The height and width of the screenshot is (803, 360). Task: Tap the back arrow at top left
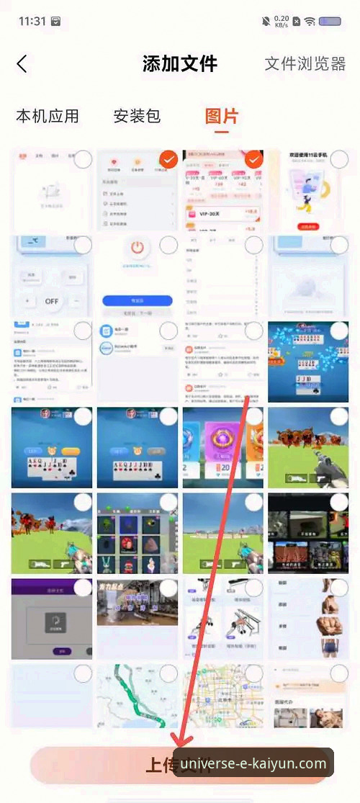[x=22, y=63]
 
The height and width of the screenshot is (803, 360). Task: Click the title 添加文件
[x=180, y=63]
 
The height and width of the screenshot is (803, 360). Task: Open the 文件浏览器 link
[x=305, y=63]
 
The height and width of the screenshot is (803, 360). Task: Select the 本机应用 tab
[x=48, y=116]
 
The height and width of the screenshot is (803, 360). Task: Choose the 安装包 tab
[x=137, y=116]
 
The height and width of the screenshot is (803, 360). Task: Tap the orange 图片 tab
[x=221, y=116]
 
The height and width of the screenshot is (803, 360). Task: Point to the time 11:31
[x=32, y=21]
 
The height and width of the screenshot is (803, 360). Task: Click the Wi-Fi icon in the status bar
[x=310, y=22]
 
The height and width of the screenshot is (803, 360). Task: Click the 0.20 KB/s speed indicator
[x=282, y=22]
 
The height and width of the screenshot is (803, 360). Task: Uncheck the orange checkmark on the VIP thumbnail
[x=253, y=159]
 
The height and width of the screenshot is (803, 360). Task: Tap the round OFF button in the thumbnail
[x=52, y=300]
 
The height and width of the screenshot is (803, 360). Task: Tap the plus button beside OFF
[x=27, y=300]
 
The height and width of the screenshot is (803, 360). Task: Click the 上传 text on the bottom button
[x=162, y=764]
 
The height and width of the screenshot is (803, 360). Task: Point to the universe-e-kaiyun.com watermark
[x=253, y=763]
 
